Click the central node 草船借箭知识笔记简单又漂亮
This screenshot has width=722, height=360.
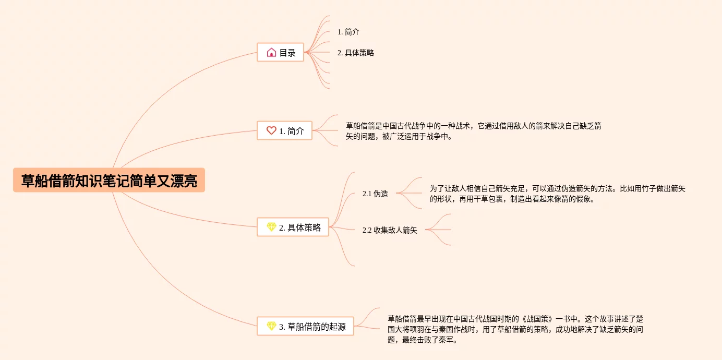click(x=109, y=181)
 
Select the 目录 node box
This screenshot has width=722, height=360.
click(x=280, y=52)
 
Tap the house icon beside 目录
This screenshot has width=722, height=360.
click(x=271, y=52)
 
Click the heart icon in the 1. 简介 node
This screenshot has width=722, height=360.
click(x=271, y=130)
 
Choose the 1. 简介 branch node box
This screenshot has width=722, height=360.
click(x=284, y=130)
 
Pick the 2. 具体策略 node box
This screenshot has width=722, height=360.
click(x=293, y=227)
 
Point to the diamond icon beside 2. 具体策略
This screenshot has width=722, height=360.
click(x=271, y=227)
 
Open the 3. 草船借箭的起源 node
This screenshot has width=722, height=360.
click(x=305, y=326)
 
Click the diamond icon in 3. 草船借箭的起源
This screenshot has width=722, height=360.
click(x=271, y=326)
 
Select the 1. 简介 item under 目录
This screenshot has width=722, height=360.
click(x=348, y=32)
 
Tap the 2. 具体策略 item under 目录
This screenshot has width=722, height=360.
click(x=356, y=53)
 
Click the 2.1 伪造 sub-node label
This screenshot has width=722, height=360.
click(x=375, y=194)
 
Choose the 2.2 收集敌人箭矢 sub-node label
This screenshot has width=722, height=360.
click(x=390, y=230)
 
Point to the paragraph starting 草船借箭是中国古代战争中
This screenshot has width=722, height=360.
click(x=474, y=131)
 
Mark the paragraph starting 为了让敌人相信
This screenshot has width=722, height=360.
click(x=557, y=194)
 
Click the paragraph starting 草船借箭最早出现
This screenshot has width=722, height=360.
click(x=515, y=329)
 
